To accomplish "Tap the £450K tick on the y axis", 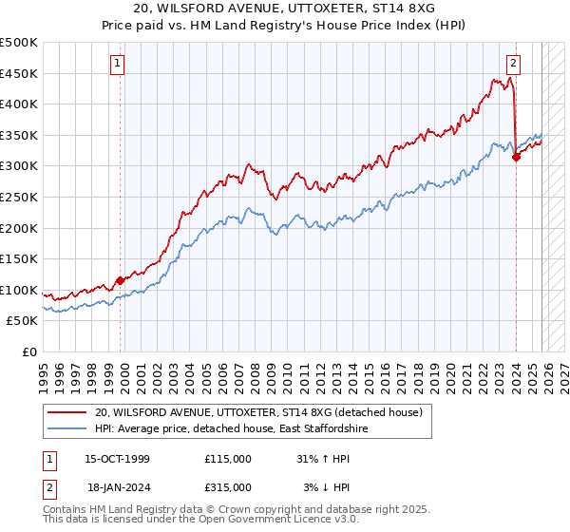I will coord(19,73).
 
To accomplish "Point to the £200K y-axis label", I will coord(19,228).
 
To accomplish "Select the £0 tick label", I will coord(29,351).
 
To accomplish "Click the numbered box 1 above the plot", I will coord(117,64).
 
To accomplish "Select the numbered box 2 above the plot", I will coord(513,64).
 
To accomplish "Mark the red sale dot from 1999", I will coord(121,280).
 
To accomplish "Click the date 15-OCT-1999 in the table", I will coord(117,459).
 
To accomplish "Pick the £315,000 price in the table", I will coord(228,487).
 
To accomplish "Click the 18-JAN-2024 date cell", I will coord(117,487).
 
